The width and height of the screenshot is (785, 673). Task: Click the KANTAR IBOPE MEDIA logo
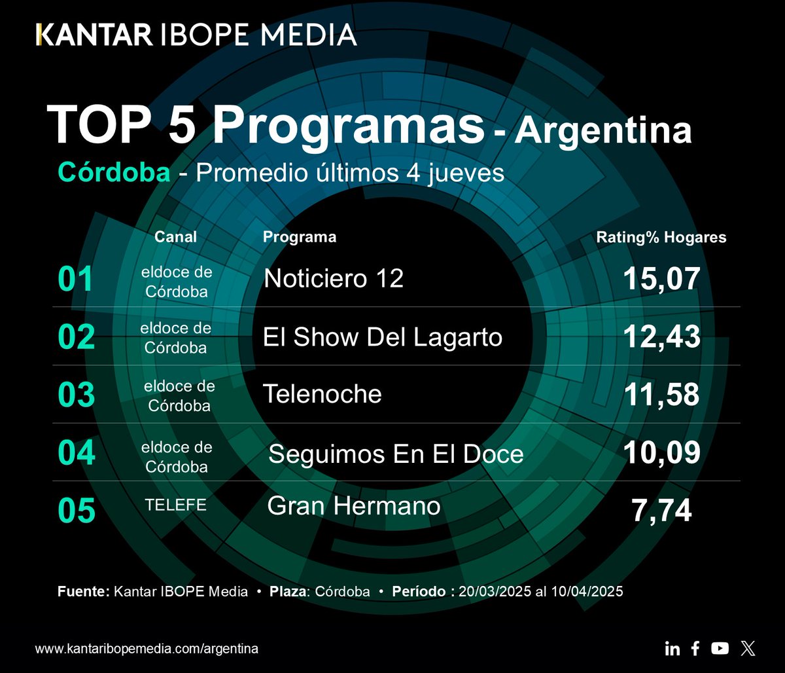[x=196, y=34]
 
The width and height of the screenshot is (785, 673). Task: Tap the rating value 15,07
[x=661, y=279]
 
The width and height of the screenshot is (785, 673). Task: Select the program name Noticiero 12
[x=334, y=279]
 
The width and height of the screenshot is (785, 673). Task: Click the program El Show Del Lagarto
[x=383, y=337]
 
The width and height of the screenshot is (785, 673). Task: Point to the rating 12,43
[x=661, y=337]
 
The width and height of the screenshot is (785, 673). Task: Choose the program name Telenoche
[x=322, y=394]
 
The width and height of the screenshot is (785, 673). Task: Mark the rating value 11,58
[x=661, y=395]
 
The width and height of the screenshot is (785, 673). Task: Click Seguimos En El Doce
[x=396, y=454]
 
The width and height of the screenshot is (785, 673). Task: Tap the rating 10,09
[x=661, y=453]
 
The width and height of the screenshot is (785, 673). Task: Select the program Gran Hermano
[x=354, y=505]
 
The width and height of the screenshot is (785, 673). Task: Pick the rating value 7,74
[x=661, y=511]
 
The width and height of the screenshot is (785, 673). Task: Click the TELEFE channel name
[x=176, y=505]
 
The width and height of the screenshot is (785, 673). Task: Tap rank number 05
[x=77, y=511]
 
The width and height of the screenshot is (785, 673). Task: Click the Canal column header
[x=175, y=237]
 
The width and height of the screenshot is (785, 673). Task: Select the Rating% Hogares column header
[x=661, y=238]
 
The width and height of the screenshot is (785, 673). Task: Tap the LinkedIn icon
[x=672, y=649]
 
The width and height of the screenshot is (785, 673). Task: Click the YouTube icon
[x=720, y=648]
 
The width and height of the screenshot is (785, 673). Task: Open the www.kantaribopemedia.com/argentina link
[x=147, y=649]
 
